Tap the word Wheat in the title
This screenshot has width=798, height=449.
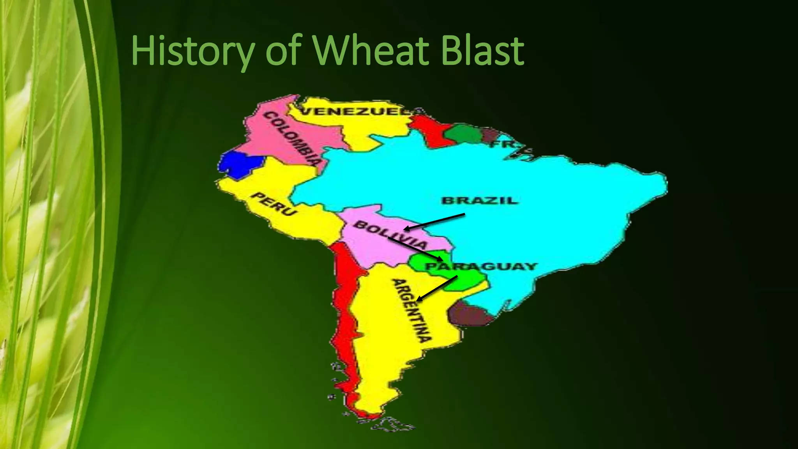coord(371,51)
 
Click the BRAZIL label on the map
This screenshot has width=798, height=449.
coord(480,201)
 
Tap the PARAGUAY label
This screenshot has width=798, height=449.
coord(481,267)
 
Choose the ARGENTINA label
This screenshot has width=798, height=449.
coord(411,310)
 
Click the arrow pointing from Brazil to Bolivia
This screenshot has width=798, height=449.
coord(434,221)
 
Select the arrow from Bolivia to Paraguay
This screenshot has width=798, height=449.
coord(415,249)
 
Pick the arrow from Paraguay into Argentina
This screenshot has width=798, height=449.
coord(437,288)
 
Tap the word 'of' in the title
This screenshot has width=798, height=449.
coord(284,51)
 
